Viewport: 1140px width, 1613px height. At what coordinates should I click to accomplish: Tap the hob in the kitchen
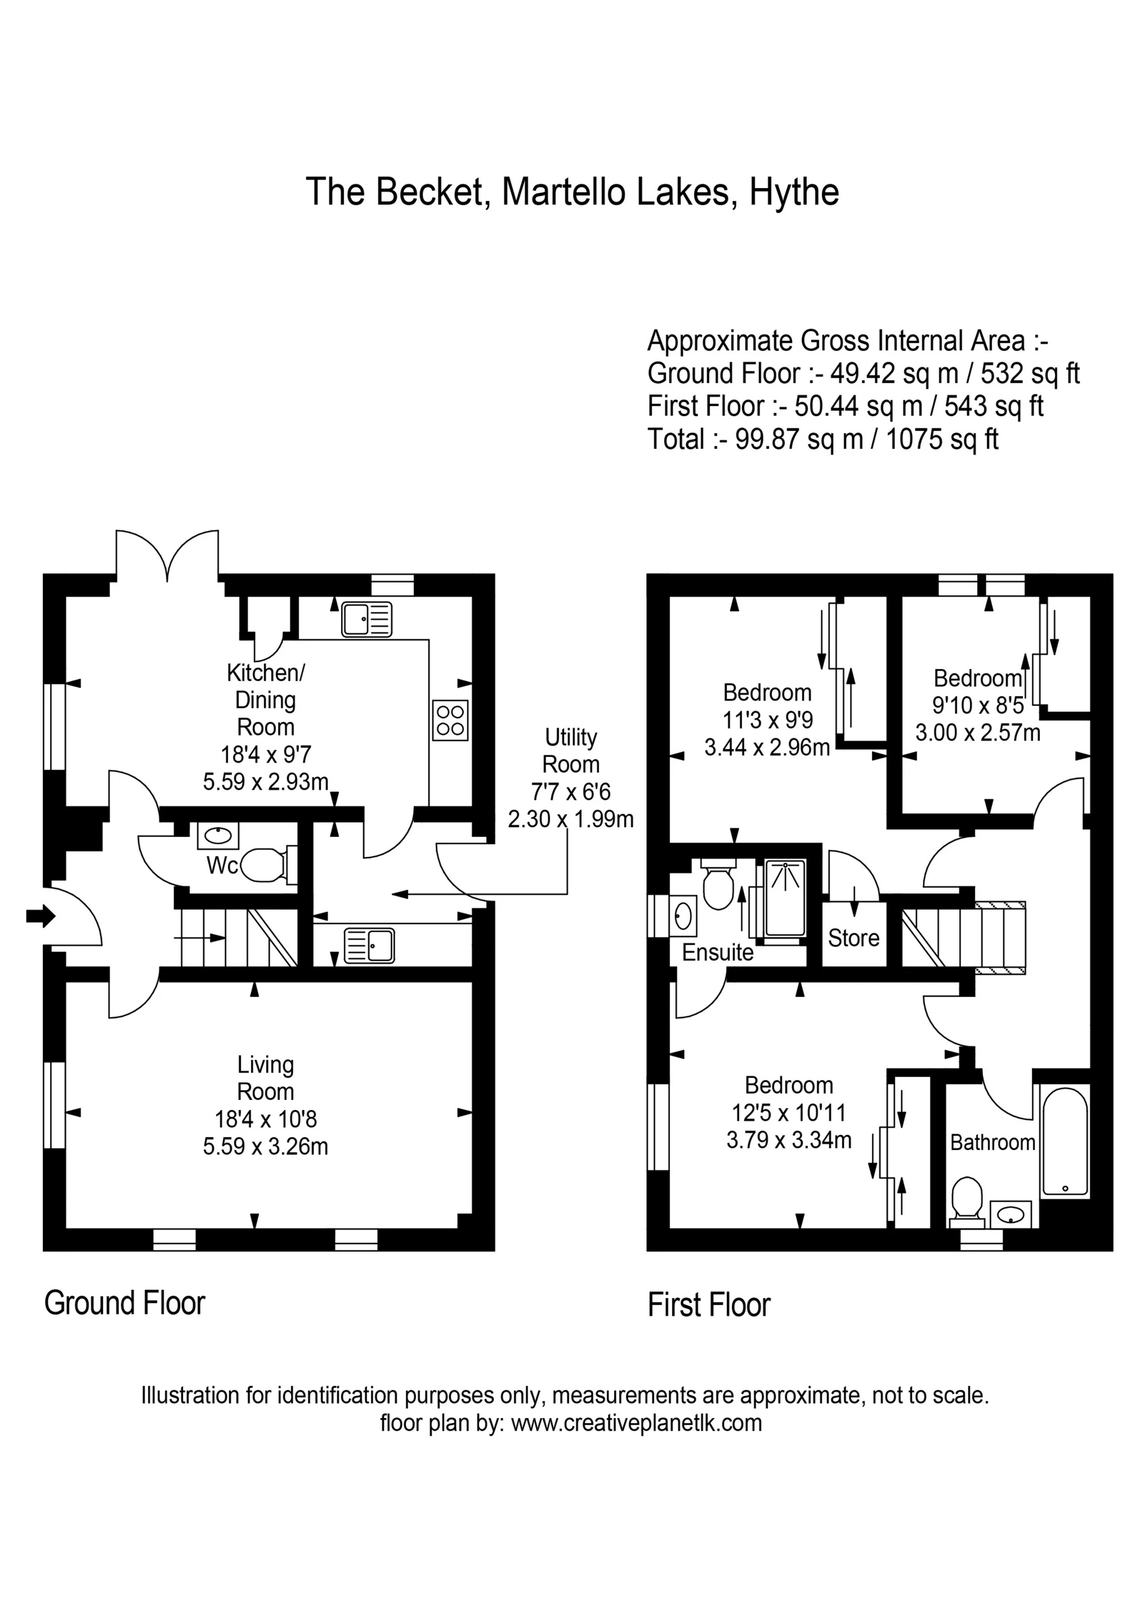pyautogui.click(x=450, y=720)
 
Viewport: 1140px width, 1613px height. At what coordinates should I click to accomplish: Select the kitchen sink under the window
pyautogui.click(x=366, y=620)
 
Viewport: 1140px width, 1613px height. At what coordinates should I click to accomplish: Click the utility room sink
pyautogui.click(x=369, y=945)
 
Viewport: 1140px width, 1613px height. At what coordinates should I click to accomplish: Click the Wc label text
pyautogui.click(x=221, y=866)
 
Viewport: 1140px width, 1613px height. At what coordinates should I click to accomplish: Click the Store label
pyautogui.click(x=853, y=938)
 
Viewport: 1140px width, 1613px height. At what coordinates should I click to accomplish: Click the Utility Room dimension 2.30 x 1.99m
pyautogui.click(x=570, y=818)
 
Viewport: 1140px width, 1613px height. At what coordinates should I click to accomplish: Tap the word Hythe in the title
pyautogui.click(x=794, y=192)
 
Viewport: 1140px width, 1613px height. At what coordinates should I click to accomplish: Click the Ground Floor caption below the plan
pyautogui.click(x=124, y=1303)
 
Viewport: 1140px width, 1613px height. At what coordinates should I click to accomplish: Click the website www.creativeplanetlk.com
pyautogui.click(x=636, y=1423)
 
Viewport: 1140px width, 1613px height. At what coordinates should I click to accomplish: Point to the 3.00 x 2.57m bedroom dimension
pyautogui.click(x=977, y=733)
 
